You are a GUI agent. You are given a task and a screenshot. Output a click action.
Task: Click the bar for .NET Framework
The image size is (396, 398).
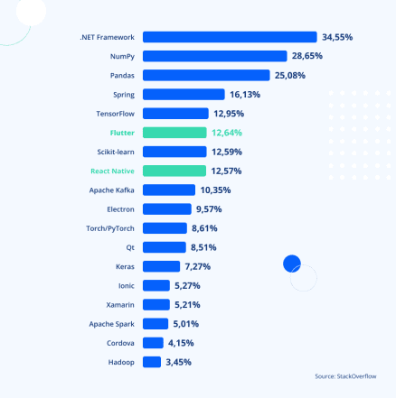click(230, 37)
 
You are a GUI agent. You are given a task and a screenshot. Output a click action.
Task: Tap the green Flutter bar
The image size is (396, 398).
click(174, 133)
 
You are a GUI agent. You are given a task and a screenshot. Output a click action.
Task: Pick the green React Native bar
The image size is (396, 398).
click(174, 171)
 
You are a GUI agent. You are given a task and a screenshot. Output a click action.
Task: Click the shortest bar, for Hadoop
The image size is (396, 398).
click(152, 362)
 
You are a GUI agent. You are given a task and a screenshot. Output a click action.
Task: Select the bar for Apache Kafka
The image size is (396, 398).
click(169, 190)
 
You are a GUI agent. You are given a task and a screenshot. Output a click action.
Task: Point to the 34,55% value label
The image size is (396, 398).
click(337, 37)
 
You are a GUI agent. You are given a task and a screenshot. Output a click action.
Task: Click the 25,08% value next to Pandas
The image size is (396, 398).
click(292, 75)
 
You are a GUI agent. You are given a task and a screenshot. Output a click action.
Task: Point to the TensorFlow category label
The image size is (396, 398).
click(115, 114)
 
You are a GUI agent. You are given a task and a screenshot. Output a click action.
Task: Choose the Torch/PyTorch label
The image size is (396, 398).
click(110, 228)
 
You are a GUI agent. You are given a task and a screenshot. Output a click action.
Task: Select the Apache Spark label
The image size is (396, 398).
click(112, 324)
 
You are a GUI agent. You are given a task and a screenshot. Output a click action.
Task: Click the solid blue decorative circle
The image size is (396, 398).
click(291, 264)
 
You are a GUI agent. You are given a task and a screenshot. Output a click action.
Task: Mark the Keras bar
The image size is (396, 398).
click(162, 266)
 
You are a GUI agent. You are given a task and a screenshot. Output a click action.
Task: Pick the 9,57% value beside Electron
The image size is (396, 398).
click(209, 209)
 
